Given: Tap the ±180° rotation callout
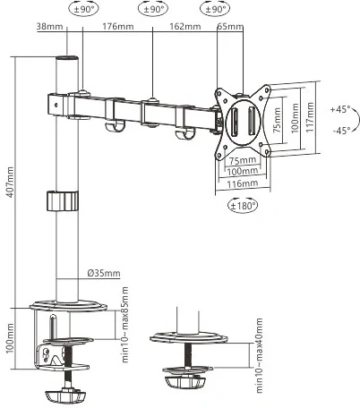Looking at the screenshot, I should tap(243, 206).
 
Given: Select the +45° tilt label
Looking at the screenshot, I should tap(340, 108).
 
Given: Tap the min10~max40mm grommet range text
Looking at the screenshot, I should tap(259, 355).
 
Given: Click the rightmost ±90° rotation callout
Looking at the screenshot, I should tap(215, 9).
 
